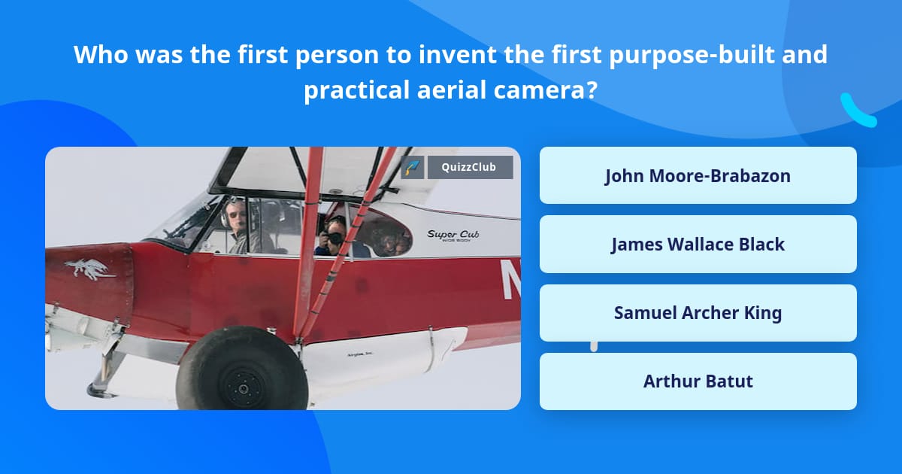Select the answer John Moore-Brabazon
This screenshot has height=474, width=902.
pyautogui.click(x=698, y=175)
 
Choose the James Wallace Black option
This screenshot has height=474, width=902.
pyautogui.click(x=698, y=244)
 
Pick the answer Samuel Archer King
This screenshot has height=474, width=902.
pyautogui.click(x=698, y=312)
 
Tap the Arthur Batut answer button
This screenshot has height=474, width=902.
pyautogui.click(x=698, y=381)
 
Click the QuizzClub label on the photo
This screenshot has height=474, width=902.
pyautogui.click(x=470, y=167)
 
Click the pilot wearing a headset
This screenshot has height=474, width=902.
pyautogui.click(x=238, y=222)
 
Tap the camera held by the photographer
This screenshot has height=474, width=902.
pyautogui.click(x=334, y=238)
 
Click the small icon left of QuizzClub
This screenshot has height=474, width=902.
pyautogui.click(x=413, y=167)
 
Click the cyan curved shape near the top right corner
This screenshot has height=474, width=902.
pyautogui.click(x=857, y=111)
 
